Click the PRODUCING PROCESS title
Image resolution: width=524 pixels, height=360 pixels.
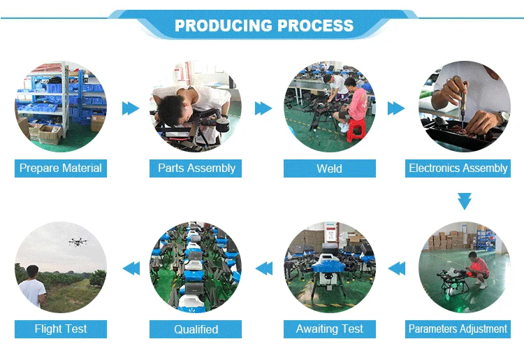click(263, 27)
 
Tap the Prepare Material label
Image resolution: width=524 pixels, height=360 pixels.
click(61, 168)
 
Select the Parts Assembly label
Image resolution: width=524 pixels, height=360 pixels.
click(196, 168)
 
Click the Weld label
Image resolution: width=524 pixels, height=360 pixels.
click(330, 168)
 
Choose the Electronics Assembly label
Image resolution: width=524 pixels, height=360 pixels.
click(458, 168)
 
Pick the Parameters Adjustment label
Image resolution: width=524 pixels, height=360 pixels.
click(458, 329)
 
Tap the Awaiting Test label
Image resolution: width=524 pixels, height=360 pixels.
click(330, 329)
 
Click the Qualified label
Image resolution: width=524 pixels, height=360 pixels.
click(196, 329)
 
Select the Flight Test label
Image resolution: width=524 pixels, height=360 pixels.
click(61, 329)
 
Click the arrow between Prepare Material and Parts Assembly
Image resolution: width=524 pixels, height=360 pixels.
click(130, 108)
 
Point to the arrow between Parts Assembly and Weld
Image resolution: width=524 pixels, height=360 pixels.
click(263, 108)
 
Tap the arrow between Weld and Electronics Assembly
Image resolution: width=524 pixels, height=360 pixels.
click(396, 108)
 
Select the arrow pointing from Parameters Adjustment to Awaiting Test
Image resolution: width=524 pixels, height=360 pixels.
click(396, 268)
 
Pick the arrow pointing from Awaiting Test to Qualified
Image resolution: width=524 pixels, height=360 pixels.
click(263, 268)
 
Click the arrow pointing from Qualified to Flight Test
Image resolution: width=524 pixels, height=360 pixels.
click(130, 268)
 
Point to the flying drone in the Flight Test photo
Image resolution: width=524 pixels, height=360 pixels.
click(78, 242)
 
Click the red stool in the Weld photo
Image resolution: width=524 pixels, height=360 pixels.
click(356, 128)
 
